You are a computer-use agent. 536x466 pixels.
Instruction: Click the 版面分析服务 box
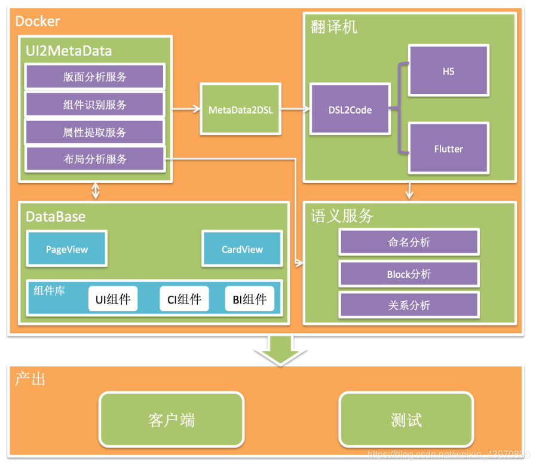point(94,77)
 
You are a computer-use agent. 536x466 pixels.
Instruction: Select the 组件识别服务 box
point(94,105)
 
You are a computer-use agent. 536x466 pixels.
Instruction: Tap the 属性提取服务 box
point(94,132)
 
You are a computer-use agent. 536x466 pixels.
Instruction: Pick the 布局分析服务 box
point(94,160)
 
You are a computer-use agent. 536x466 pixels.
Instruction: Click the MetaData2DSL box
point(240,110)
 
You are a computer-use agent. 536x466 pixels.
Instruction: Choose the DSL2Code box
point(350,110)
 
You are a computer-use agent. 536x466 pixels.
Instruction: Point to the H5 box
point(448,71)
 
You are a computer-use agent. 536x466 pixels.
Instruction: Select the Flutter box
point(448,149)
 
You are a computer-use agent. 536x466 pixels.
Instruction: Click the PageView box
point(66,249)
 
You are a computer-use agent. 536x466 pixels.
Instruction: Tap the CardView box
point(242,249)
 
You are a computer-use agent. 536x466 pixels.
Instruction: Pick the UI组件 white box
point(113,299)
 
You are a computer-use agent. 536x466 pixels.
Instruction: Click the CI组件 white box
point(184,299)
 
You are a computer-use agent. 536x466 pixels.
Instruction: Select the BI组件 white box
point(250,299)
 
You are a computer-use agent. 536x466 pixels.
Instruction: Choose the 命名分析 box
point(409,242)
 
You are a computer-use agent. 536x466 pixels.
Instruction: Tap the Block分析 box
point(409,274)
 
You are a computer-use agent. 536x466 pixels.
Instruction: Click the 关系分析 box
point(409,305)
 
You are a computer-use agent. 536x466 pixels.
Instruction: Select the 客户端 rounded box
point(171,420)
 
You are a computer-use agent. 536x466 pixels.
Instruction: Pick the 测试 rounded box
point(406,420)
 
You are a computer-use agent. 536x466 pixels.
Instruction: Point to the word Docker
point(38,22)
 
